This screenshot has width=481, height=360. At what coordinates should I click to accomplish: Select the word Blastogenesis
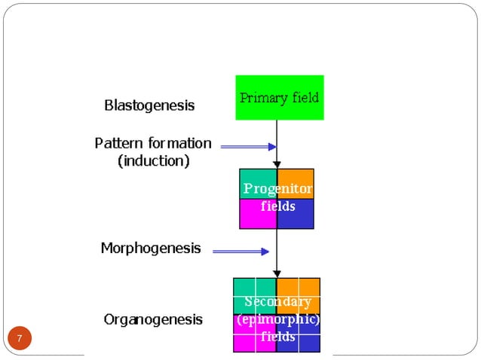tap(149, 105)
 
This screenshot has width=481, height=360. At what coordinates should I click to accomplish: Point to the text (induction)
tap(154, 161)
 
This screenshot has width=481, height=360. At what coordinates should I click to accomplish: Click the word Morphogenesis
tap(151, 248)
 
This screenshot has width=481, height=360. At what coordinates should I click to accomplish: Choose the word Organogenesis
tap(153, 319)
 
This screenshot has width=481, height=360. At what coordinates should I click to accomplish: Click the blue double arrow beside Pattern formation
tap(248, 147)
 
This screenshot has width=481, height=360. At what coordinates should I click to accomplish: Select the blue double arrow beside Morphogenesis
tap(240, 252)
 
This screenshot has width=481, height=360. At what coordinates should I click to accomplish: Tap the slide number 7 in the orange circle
tap(20, 337)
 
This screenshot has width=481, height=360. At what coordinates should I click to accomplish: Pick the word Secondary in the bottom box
tap(277, 302)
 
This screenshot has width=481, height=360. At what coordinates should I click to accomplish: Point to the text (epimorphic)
tap(277, 319)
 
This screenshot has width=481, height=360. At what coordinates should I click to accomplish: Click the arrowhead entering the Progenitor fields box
tap(277, 163)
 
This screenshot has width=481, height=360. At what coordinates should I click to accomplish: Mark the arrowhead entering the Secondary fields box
tap(277, 273)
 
